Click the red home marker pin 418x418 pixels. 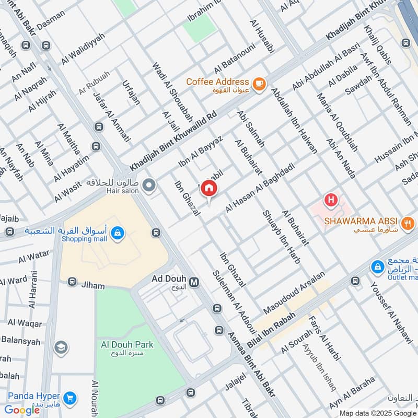(208, 188)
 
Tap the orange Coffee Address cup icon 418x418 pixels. (259, 84)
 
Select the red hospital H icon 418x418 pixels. (330, 199)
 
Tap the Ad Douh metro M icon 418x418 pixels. (194, 282)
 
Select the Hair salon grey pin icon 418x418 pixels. (149, 185)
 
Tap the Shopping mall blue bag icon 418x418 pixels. (118, 234)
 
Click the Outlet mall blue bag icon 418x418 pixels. (377, 268)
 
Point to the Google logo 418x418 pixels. (22, 410)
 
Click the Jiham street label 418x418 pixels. (93, 286)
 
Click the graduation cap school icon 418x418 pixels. (61, 347)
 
